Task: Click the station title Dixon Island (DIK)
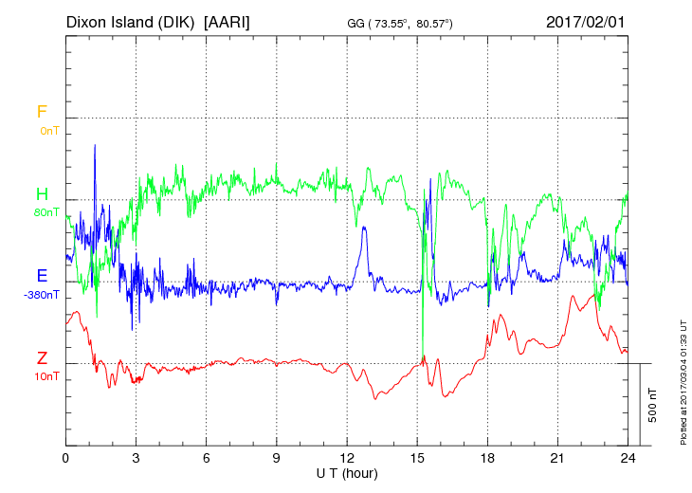coord(130,22)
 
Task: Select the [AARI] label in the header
coord(227,22)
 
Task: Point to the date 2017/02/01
coord(585,22)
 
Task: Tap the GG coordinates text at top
coord(400,24)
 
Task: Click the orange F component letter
coord(42,112)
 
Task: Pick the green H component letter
coord(42,193)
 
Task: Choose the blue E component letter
coord(42,275)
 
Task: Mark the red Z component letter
coord(42,357)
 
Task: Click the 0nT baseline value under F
coord(49,131)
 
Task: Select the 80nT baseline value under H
coord(46,212)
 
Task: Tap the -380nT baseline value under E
coord(42,295)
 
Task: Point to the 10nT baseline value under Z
coord(46,376)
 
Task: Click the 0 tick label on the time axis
coord(65,458)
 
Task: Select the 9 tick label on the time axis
coord(276,458)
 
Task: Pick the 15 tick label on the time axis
coord(417,458)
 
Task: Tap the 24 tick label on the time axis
coord(628,458)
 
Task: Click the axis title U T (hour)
coord(347,474)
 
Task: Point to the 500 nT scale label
coord(653,405)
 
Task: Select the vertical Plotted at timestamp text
coord(683,382)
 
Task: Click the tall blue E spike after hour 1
coord(95,146)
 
